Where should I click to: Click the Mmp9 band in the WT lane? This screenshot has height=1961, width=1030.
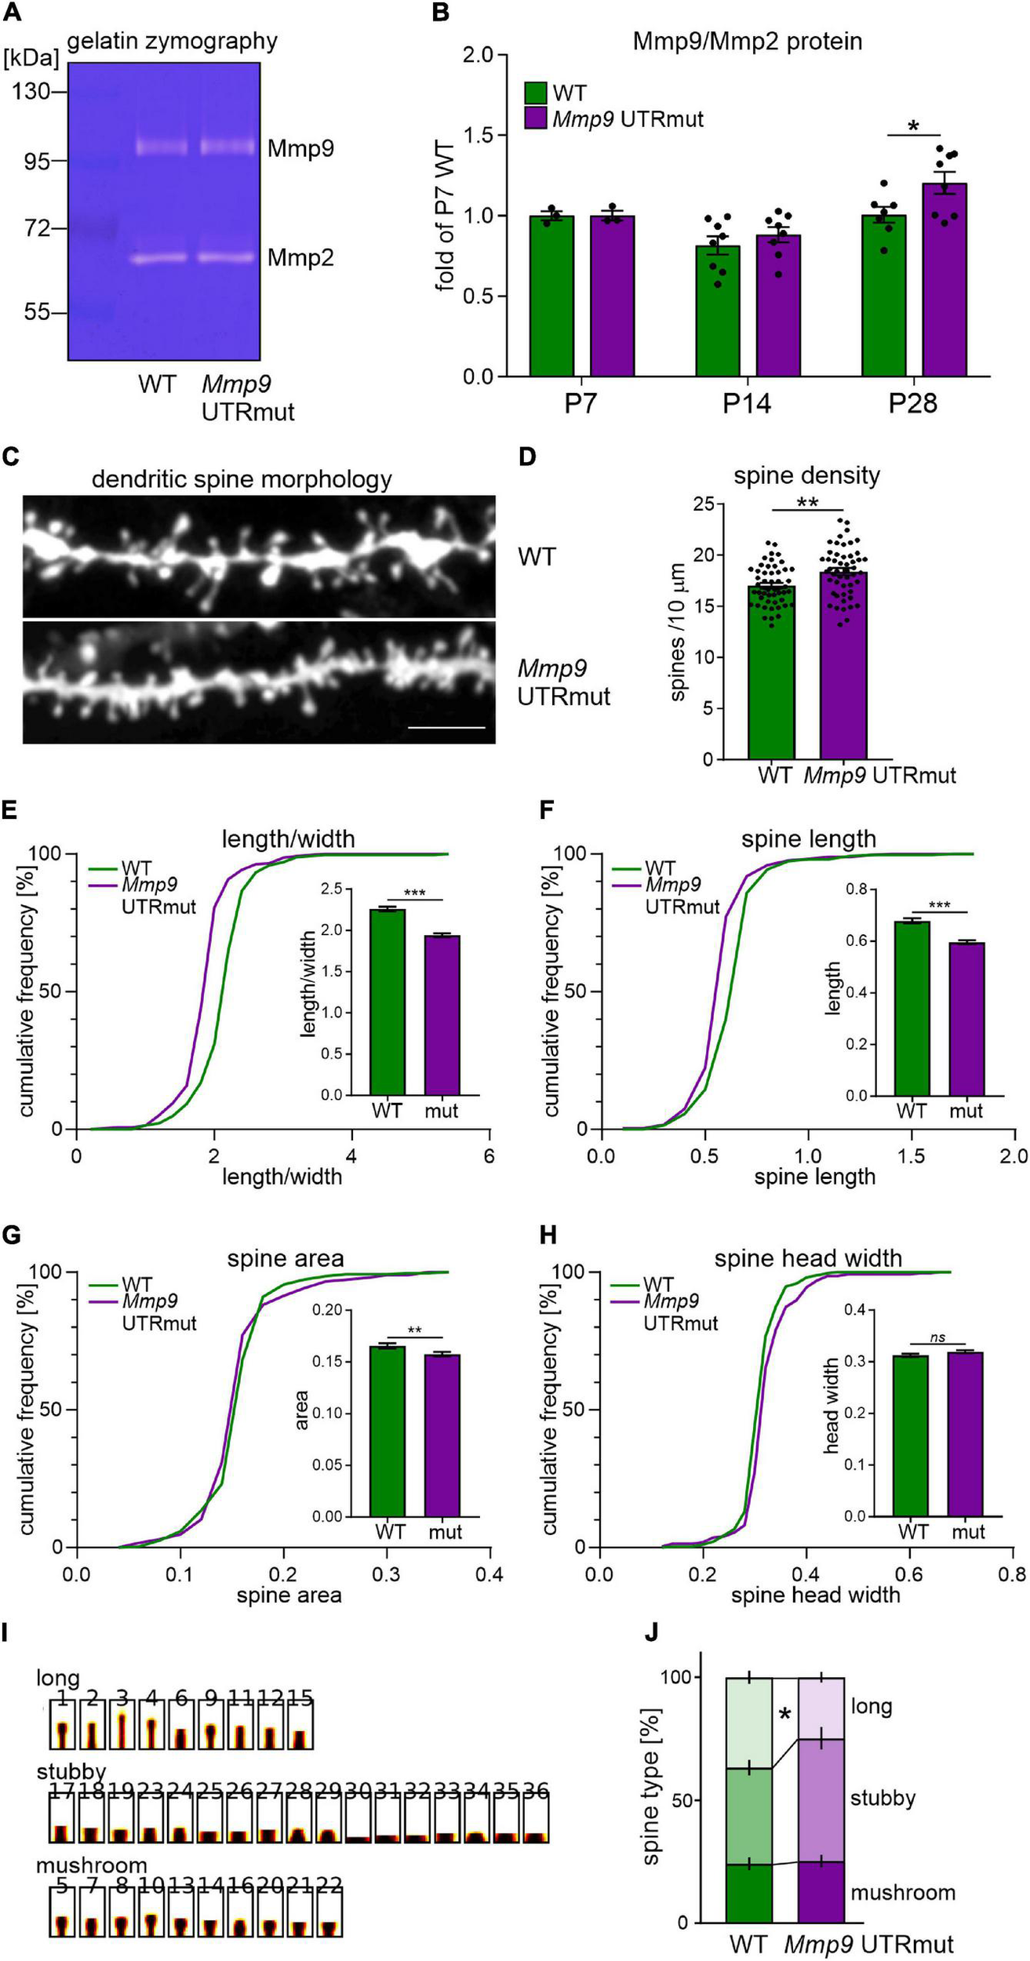coord(162,147)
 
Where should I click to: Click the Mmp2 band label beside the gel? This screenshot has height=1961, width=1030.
coord(300,257)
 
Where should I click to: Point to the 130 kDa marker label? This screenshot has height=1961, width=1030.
coord(32,92)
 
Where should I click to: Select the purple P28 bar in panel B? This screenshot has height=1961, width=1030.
coord(944,279)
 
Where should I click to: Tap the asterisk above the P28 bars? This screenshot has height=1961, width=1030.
coord(913,126)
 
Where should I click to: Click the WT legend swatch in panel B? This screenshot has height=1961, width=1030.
coord(536,93)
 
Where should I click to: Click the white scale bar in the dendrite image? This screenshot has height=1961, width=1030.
coord(446,727)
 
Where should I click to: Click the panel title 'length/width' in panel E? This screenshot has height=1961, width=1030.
coord(288,839)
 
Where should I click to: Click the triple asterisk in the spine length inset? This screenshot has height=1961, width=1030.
coord(938,906)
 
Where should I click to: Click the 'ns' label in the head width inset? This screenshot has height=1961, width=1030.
coord(937,1337)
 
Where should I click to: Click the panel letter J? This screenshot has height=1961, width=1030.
coord(651,1632)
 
